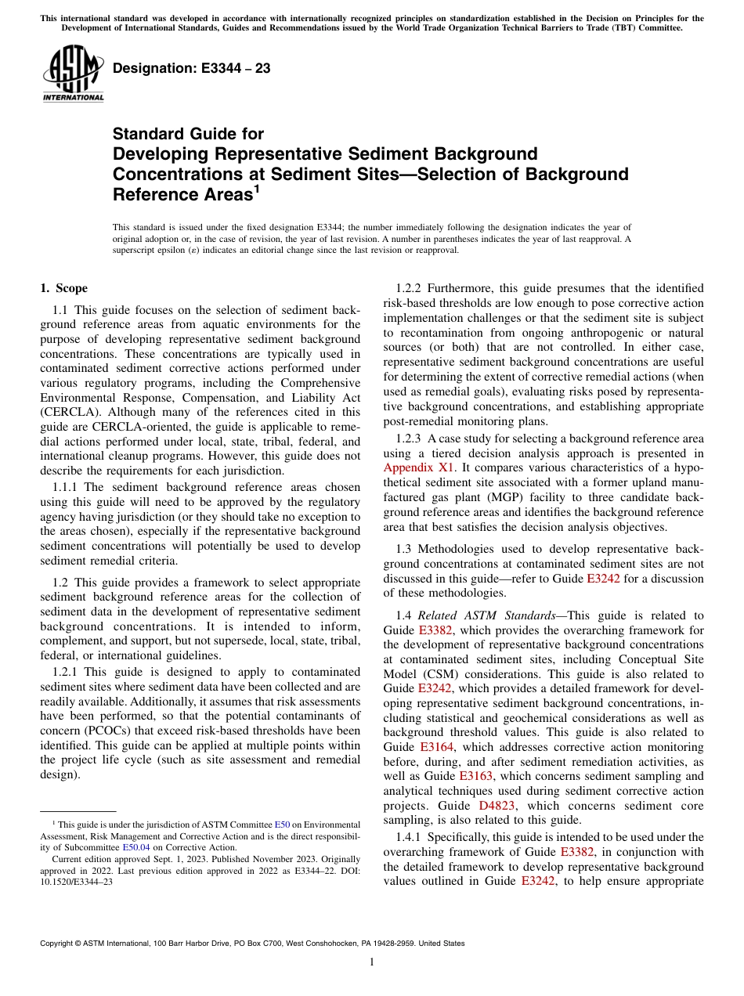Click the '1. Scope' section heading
(x=64, y=288)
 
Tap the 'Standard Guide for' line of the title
(x=189, y=134)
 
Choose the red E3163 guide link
(x=475, y=776)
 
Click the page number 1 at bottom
(x=372, y=962)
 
